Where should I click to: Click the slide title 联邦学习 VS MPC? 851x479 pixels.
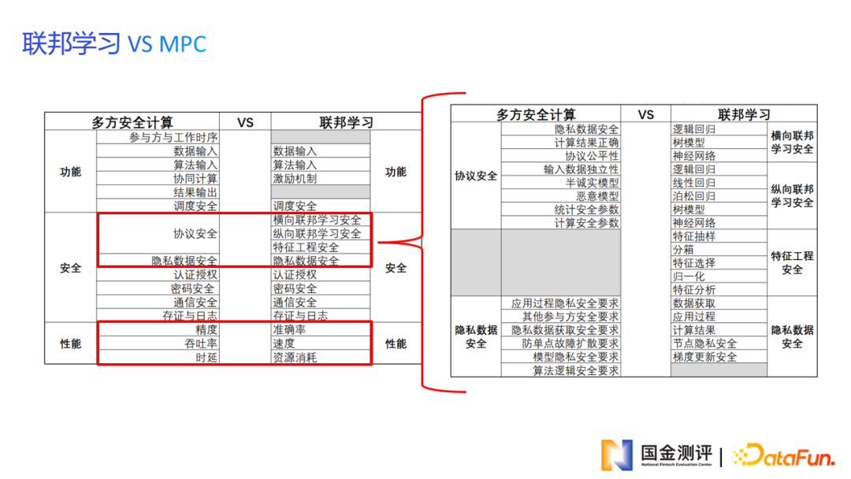click(114, 43)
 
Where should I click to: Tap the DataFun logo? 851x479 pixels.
click(784, 455)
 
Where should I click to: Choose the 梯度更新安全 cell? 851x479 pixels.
click(704, 357)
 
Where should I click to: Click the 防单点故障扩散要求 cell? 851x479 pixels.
click(570, 343)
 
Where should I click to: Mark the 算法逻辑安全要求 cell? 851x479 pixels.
click(575, 370)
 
